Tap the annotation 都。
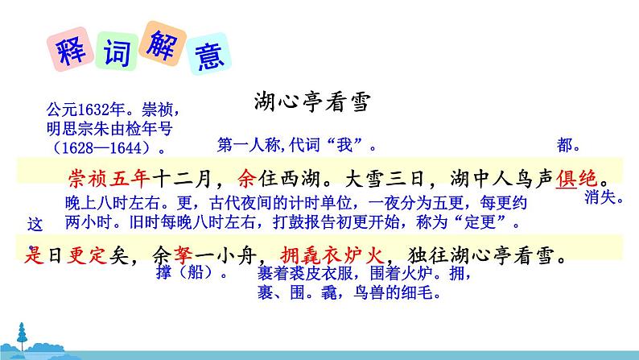pyautogui.click(x=569, y=146)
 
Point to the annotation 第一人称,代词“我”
pyautogui.click(x=296, y=146)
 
